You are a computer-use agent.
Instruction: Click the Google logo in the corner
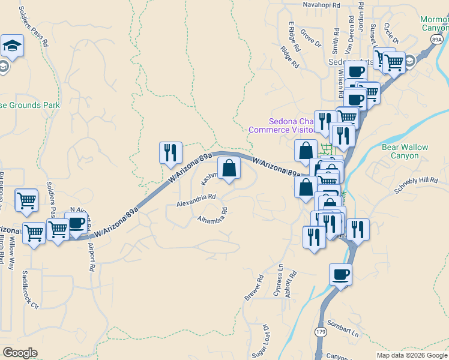pos(20,353)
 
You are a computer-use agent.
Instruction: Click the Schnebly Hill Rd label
pos(417,184)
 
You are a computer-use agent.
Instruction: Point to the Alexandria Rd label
pos(196,200)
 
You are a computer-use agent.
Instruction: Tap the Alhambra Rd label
pos(213,215)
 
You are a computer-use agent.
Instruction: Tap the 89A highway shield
pos(436,39)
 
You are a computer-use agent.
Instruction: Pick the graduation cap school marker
pos(11,46)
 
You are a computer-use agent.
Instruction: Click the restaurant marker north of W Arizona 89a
pos(170,152)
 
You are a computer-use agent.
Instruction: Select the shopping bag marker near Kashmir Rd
pos(229,169)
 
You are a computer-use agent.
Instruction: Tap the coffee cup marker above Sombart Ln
pos(340,274)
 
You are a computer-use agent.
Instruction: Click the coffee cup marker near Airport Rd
pos(76,223)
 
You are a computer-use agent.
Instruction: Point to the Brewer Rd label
pos(254,288)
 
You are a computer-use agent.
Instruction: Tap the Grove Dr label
pos(311,37)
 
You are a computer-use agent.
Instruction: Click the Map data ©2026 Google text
pos(412,355)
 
